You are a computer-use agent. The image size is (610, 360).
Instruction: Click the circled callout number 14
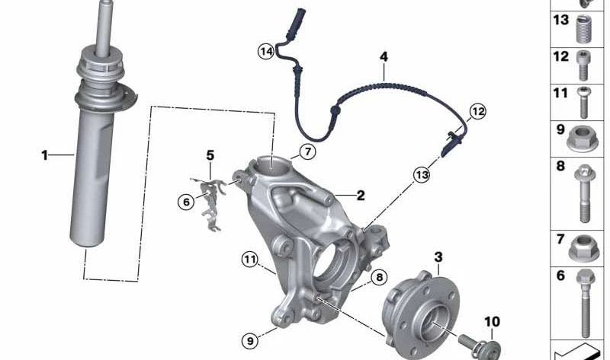[266, 51]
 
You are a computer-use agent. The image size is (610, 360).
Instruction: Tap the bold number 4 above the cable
[384, 57]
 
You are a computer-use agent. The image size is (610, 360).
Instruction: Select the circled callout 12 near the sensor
[478, 111]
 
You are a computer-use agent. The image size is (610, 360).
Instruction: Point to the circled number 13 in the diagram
[422, 175]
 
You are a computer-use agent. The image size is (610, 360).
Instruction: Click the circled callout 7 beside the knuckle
[308, 151]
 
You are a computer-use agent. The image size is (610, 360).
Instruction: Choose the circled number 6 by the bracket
[186, 202]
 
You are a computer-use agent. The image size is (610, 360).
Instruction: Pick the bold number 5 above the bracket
[210, 156]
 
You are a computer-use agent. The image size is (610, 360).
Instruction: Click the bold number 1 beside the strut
[44, 155]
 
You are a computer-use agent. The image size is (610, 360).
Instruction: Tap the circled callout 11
[249, 259]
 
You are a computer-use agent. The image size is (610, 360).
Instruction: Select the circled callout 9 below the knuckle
[250, 341]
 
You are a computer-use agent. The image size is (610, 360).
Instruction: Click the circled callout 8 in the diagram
[379, 277]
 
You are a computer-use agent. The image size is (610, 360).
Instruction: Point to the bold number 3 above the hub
[438, 257]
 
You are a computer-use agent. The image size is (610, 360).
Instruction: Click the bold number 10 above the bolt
[492, 322]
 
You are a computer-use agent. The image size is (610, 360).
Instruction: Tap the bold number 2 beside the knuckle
[361, 196]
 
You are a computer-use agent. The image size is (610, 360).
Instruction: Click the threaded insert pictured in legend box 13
[583, 29]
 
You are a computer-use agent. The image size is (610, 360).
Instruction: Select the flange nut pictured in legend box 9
[583, 139]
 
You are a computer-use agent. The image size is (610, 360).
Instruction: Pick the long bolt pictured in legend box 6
[585, 303]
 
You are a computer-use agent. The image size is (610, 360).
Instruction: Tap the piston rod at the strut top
[104, 27]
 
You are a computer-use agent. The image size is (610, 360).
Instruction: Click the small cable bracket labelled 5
[211, 204]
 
